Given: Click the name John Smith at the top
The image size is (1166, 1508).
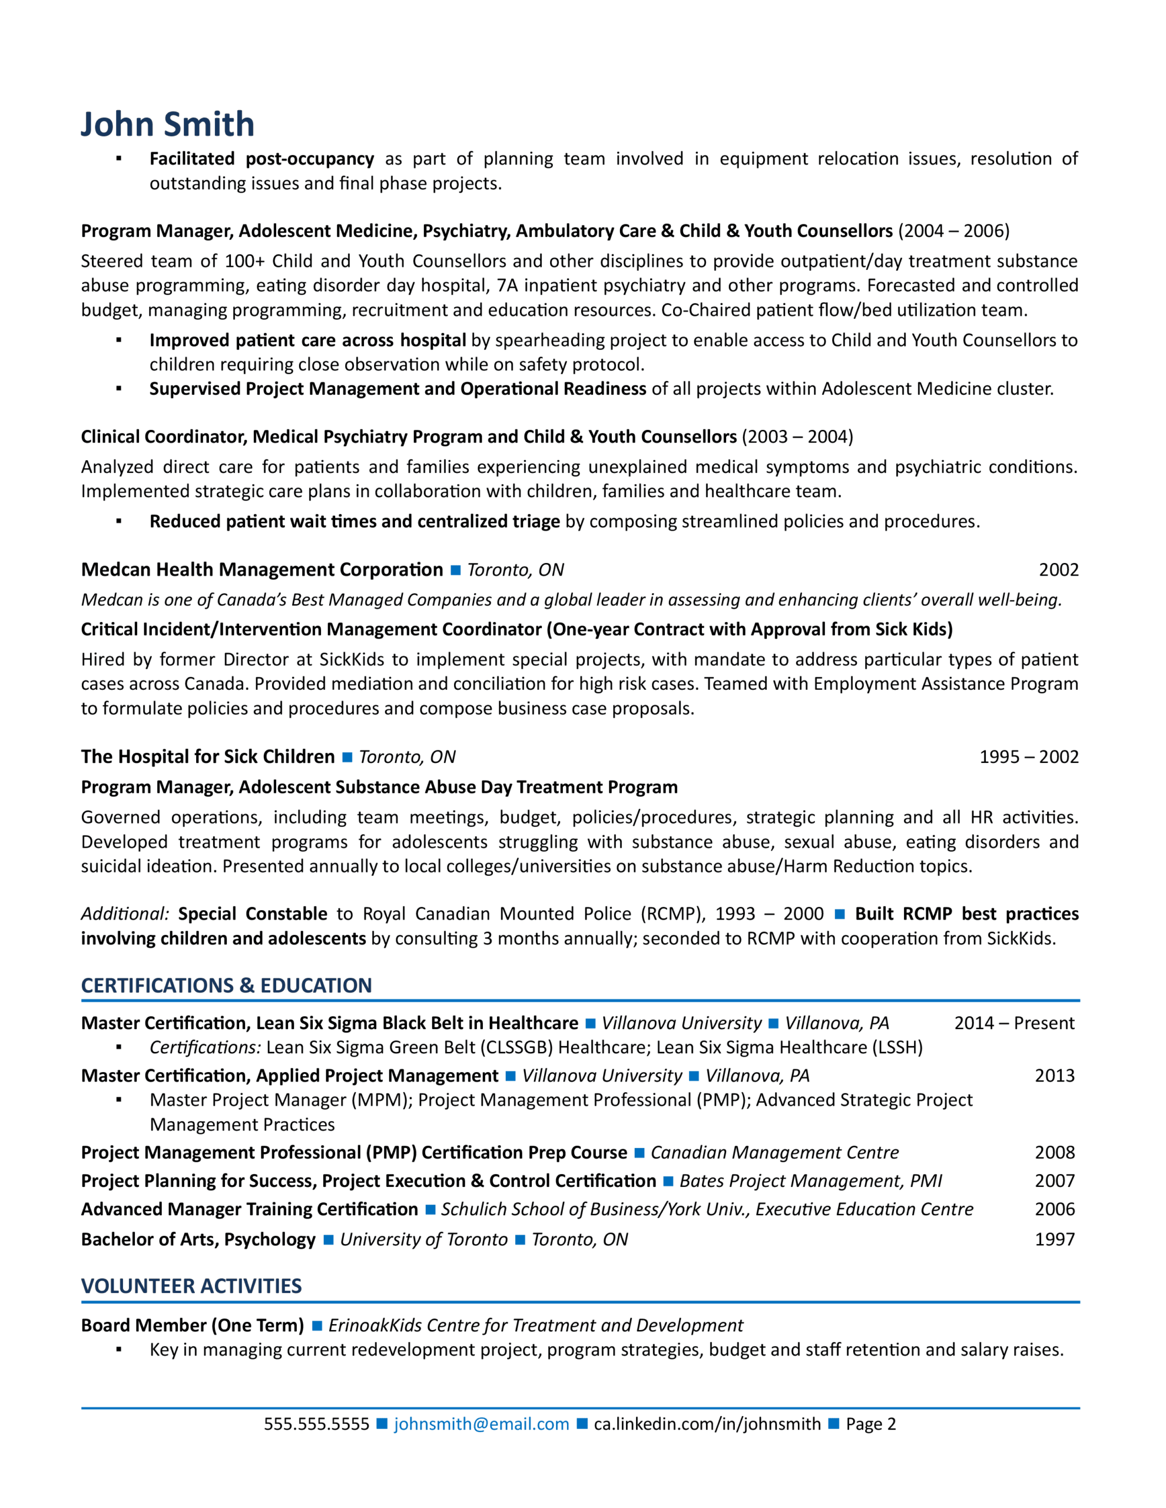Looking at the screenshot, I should (168, 124).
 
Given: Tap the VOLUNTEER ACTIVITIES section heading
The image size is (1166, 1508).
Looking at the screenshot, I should (191, 1286).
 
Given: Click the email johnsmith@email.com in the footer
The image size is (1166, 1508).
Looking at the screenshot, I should (481, 1424).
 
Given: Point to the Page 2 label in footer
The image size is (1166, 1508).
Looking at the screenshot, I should (870, 1424).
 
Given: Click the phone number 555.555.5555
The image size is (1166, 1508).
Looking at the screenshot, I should (316, 1424).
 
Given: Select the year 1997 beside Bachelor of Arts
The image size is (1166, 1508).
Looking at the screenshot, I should (1054, 1239).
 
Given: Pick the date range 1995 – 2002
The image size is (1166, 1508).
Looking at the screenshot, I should (1029, 757).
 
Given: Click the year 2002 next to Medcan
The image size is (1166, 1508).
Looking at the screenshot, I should (1058, 570).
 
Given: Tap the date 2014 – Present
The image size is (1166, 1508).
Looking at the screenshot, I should (1013, 1023).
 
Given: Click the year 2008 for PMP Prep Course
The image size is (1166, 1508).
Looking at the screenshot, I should (1054, 1152).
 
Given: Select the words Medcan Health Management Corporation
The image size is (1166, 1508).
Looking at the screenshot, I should (261, 570).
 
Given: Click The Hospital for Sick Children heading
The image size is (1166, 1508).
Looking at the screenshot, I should (207, 757).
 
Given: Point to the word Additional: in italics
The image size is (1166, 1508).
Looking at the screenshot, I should (125, 914).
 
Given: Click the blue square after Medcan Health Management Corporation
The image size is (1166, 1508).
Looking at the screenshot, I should (456, 570).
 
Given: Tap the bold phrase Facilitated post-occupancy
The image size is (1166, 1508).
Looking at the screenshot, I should (261, 159).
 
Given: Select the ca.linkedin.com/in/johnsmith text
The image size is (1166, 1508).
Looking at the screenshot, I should (707, 1424).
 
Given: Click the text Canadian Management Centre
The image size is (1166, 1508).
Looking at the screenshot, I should (774, 1152).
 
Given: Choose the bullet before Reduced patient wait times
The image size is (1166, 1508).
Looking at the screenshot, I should (119, 522).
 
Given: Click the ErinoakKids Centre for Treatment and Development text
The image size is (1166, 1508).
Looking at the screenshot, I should (536, 1325).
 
